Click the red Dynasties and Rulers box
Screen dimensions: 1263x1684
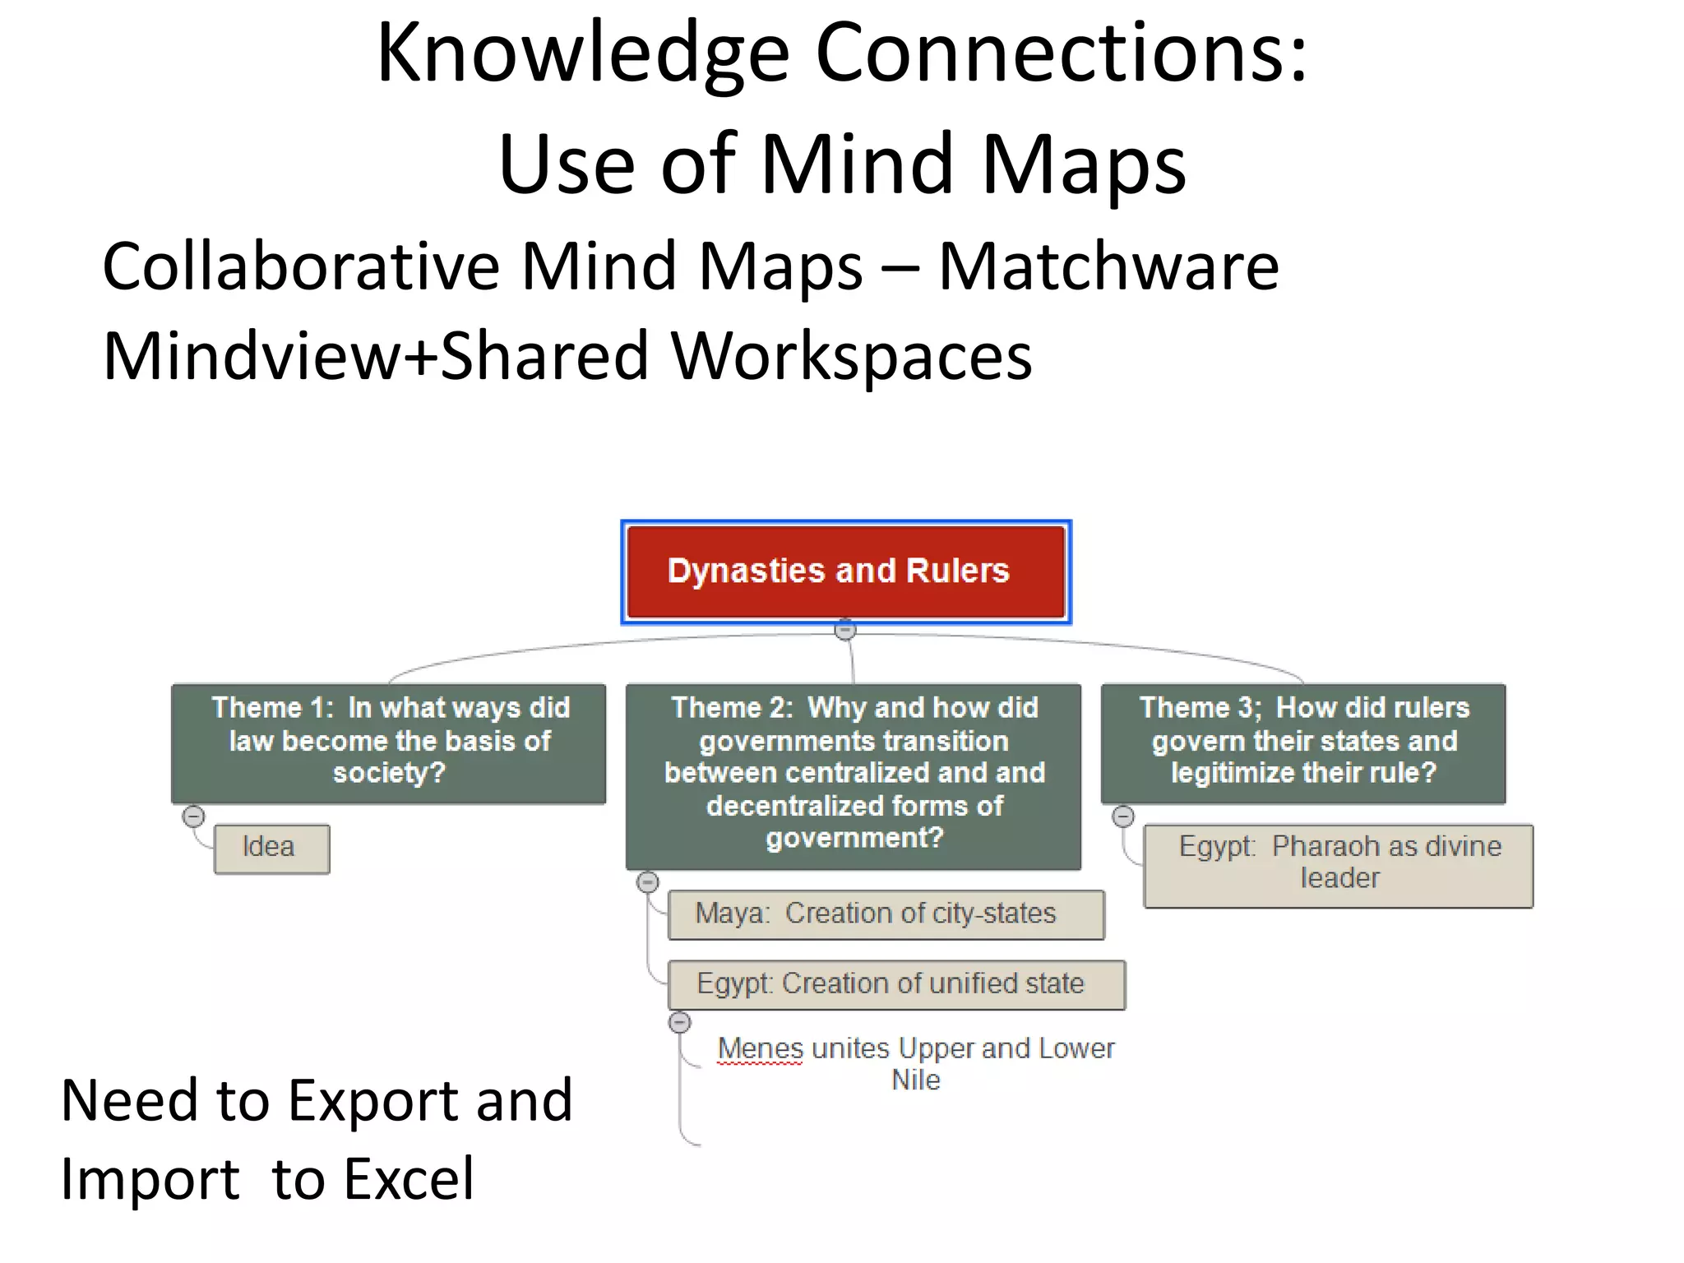pos(845,571)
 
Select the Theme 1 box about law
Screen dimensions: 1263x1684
pos(388,742)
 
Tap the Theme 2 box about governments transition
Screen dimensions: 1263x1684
pos(853,775)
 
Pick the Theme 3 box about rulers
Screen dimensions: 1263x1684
pos(1302,742)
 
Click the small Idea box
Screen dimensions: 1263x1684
pos(271,848)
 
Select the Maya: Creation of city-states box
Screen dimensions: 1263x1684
pos(885,914)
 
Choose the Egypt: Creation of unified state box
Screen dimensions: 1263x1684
pos(895,984)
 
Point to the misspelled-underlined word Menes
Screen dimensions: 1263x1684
pos(760,1049)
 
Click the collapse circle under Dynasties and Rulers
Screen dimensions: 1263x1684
pos(845,631)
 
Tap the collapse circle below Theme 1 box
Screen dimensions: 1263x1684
pos(193,817)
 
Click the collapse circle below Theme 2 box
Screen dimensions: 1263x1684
pos(648,882)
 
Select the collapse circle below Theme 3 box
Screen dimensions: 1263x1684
pos(1123,817)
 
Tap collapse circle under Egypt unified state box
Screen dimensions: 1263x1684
pos(680,1022)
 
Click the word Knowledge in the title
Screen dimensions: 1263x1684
pos(583,53)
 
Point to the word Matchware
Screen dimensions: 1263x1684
pos(1108,266)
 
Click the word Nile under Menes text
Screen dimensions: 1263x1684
pos(915,1080)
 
